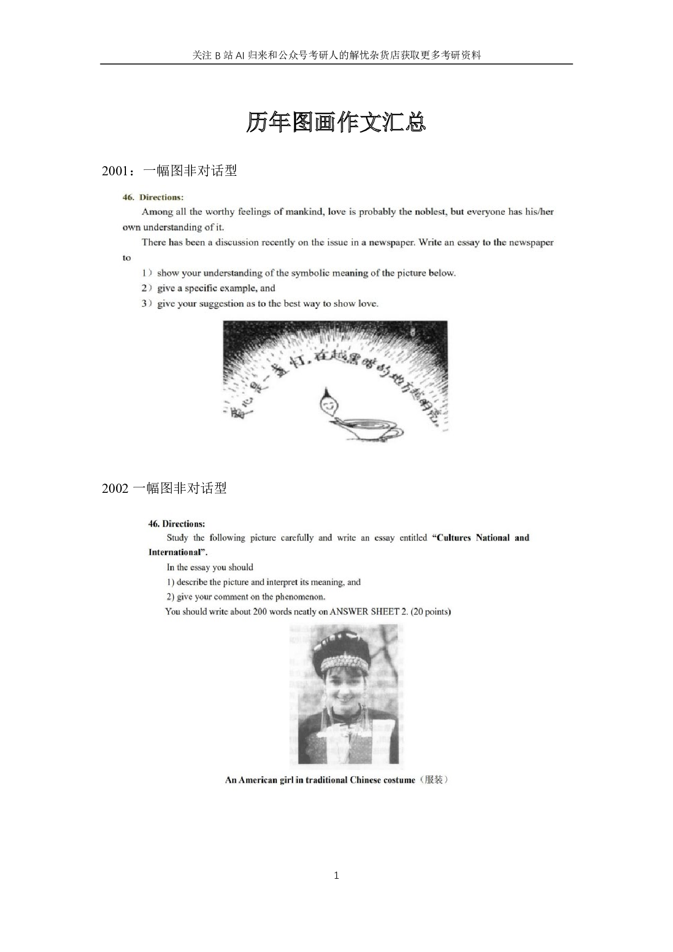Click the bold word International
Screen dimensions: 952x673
click(175, 553)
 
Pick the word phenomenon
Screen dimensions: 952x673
click(300, 597)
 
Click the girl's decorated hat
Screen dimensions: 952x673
click(345, 655)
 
